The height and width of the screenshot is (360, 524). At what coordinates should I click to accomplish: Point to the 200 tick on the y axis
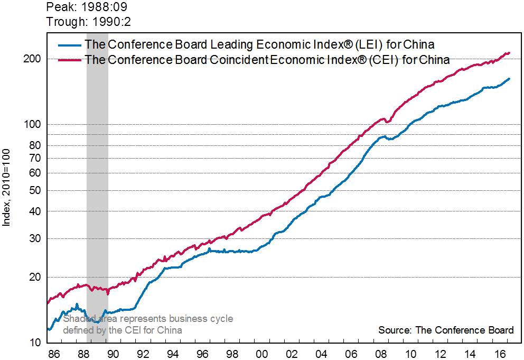point(32,59)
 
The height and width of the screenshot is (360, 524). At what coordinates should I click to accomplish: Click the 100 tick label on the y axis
point(32,125)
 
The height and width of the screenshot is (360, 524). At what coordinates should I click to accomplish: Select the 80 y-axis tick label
point(34,145)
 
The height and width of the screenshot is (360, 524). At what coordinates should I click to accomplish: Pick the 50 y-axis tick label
point(34,190)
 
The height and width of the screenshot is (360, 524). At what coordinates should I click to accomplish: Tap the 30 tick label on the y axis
point(34,239)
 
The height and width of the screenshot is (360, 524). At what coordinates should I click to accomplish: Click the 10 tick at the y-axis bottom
point(34,343)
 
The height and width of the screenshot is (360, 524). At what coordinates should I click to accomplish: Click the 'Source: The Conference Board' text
point(446,330)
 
